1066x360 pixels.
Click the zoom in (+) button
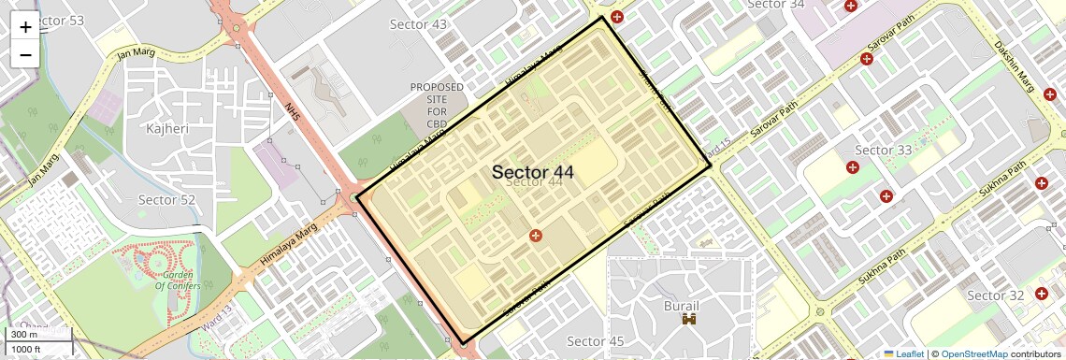coord(25,26)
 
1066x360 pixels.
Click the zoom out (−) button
coord(25,54)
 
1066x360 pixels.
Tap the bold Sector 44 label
coord(532,172)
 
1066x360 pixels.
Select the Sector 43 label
coord(418,24)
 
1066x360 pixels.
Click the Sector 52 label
coord(166,199)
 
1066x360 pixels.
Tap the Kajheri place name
coord(168,127)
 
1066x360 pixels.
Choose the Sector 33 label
coord(883,150)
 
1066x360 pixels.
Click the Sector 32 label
coord(995,295)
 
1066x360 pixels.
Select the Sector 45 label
coord(595,340)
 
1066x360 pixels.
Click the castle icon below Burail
coord(691,321)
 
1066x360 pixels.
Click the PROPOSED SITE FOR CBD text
coord(437,105)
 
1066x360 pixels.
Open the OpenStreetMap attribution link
coord(973,353)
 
